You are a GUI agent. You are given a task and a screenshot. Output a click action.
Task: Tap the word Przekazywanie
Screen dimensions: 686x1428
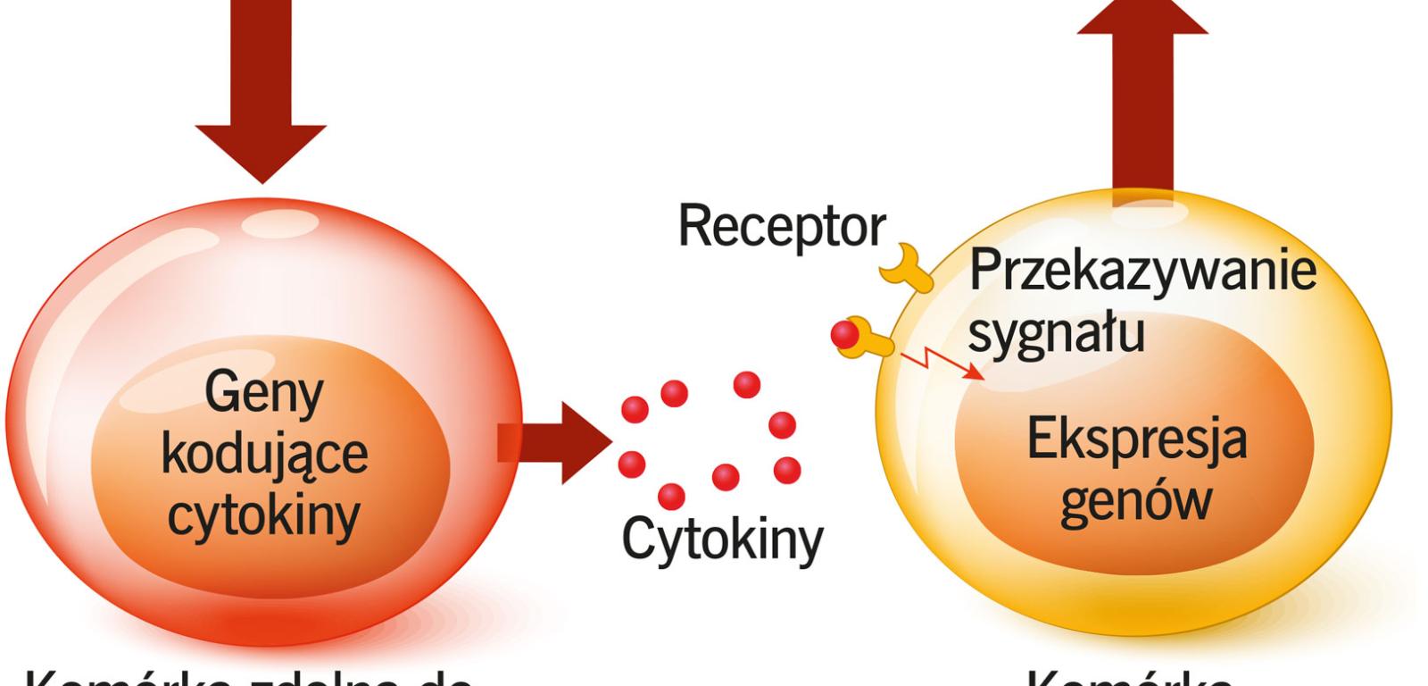pyautogui.click(x=1142, y=270)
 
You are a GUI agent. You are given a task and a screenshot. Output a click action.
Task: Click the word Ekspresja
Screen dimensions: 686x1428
pyautogui.click(x=1136, y=440)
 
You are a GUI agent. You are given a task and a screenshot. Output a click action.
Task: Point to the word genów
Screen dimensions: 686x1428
pyautogui.click(x=1135, y=503)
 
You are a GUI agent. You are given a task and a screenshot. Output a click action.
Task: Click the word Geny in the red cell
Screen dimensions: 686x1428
pyautogui.click(x=263, y=393)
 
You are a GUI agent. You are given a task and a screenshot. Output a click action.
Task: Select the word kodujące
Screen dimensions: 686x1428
pyautogui.click(x=264, y=454)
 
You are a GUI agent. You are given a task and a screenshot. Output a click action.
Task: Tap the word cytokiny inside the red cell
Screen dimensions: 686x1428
pyautogui.click(x=264, y=515)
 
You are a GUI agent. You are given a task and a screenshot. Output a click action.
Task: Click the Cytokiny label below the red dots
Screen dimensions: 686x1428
pyautogui.click(x=722, y=540)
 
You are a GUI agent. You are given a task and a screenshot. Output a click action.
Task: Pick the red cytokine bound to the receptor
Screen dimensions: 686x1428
pyautogui.click(x=844, y=334)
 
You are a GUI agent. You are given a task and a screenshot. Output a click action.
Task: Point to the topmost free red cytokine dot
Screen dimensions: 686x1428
pyautogui.click(x=746, y=385)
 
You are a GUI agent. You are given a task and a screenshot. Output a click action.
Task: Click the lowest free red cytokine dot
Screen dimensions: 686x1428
pyautogui.click(x=671, y=497)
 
